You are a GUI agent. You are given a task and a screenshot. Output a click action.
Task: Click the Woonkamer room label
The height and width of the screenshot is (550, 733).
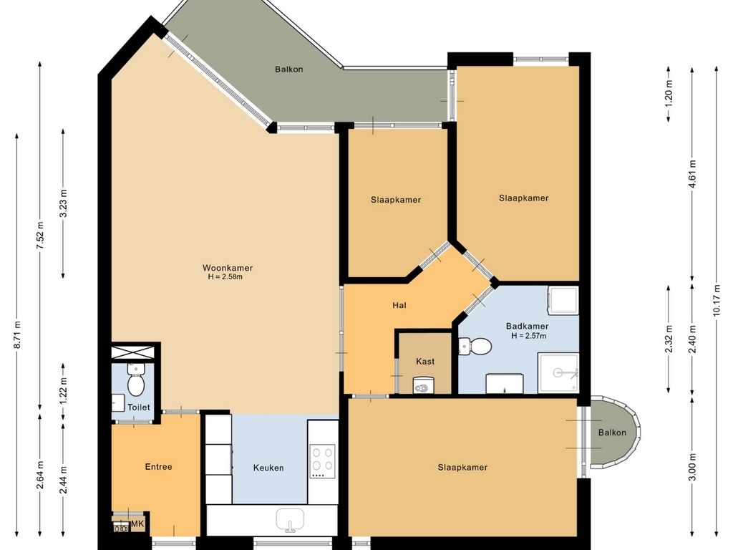point(228,268)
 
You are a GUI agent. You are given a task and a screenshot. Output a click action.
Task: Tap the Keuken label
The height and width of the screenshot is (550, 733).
point(268,468)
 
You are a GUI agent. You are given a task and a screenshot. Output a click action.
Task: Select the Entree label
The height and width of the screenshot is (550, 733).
point(158,467)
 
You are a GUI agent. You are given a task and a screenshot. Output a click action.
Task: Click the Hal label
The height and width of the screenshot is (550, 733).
point(399,305)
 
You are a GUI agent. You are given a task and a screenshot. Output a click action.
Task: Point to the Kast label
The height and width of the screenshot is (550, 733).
point(425,362)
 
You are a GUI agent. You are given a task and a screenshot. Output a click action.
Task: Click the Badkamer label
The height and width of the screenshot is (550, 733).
point(528,327)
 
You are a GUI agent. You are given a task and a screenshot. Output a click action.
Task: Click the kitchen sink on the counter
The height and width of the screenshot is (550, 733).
point(291,520)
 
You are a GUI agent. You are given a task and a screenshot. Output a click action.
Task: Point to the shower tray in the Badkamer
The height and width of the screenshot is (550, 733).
point(558,372)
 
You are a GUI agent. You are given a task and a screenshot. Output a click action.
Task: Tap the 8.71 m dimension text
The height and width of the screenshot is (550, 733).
point(17,335)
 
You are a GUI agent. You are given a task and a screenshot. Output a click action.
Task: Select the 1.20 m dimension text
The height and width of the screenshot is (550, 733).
point(669,94)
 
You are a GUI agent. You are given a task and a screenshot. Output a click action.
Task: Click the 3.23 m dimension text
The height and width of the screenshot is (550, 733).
point(64,203)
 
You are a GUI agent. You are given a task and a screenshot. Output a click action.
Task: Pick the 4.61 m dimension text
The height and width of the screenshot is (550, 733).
point(692,173)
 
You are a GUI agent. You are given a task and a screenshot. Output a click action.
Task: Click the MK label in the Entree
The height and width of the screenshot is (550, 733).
point(137,524)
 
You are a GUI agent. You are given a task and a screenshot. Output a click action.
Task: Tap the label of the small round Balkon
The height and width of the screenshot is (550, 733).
point(612,433)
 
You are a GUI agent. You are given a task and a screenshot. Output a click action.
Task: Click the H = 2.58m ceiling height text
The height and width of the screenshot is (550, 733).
point(225,277)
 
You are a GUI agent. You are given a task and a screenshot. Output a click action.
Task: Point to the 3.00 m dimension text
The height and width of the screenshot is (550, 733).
point(692,467)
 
